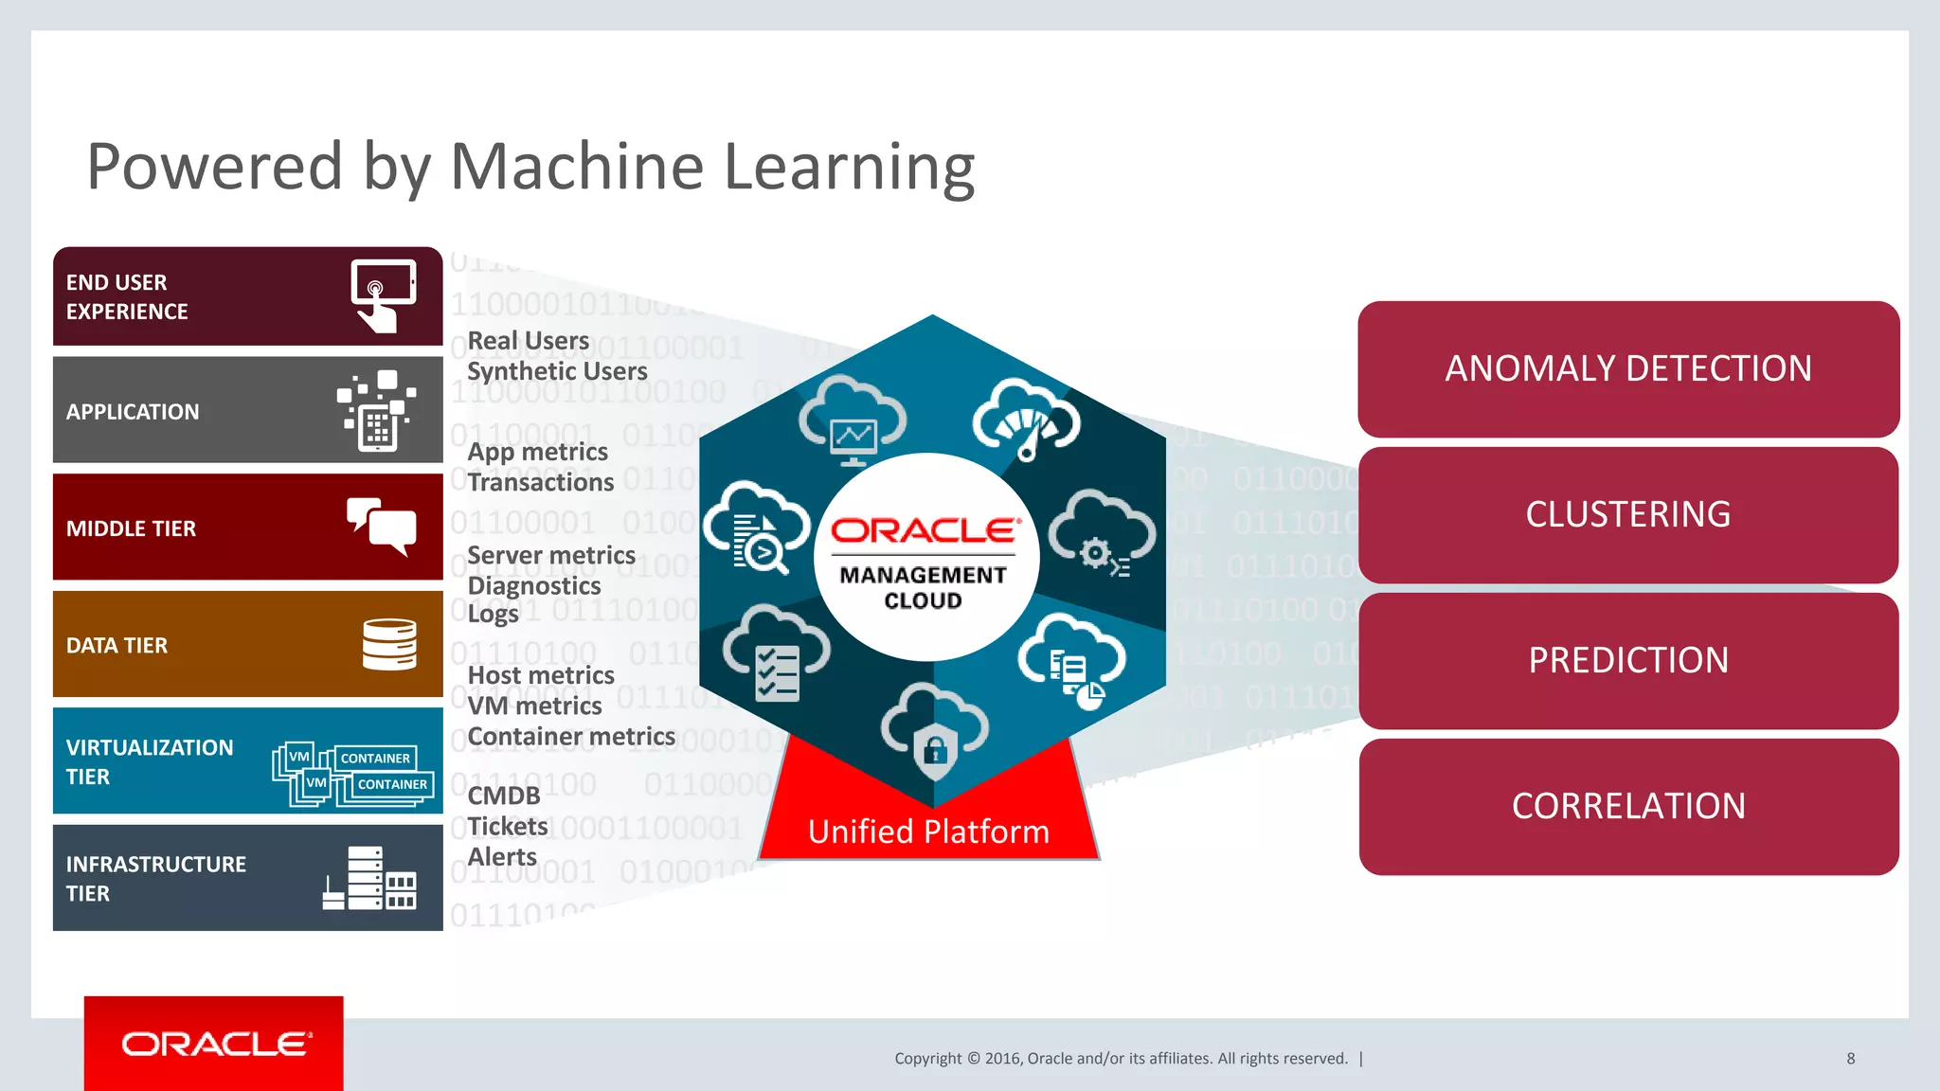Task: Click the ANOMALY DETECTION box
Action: (x=1627, y=368)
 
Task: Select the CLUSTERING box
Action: (x=1627, y=514)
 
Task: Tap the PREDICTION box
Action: (x=1627, y=660)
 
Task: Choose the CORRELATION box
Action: (x=1627, y=806)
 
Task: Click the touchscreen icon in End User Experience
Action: (x=382, y=295)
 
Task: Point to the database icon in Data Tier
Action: (x=389, y=644)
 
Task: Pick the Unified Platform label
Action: (x=928, y=832)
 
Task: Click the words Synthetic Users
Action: (x=557, y=371)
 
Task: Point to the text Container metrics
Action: (x=571, y=737)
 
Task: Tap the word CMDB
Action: (x=504, y=796)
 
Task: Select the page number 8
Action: (x=1850, y=1058)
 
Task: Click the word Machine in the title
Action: (x=576, y=167)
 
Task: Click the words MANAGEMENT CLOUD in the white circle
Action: (x=923, y=587)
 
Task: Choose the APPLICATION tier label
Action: (x=133, y=412)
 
